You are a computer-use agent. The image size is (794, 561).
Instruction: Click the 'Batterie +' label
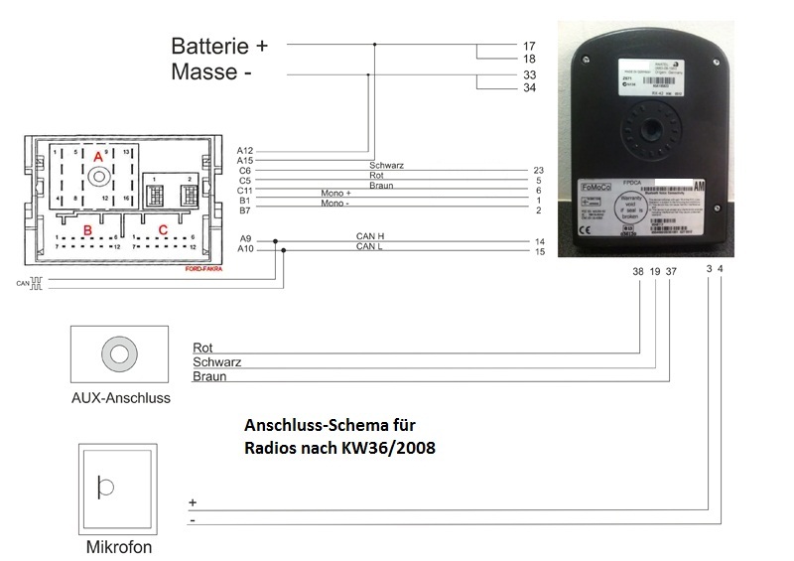[x=219, y=46]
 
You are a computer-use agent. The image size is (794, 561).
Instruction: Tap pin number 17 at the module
[x=528, y=46]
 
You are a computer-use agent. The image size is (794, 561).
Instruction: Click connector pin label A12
[x=245, y=151]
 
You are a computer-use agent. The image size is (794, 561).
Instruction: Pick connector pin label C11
[x=245, y=189]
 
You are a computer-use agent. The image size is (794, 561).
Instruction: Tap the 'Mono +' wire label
[x=336, y=193]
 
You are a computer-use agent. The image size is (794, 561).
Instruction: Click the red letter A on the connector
[x=97, y=158]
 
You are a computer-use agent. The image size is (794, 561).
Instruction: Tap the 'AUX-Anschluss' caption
[x=120, y=398]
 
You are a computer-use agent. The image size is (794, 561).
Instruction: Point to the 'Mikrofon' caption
[x=119, y=547]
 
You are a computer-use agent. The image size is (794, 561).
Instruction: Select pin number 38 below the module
[x=638, y=271]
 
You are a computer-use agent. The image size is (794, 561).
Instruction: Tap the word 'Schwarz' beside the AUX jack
[x=217, y=362]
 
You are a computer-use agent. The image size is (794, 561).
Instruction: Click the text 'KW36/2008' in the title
[x=391, y=447]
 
